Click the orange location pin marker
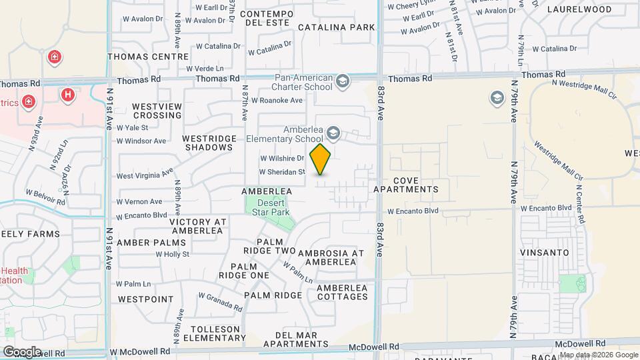click(321, 159)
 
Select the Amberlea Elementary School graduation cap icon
click(333, 135)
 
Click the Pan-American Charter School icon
click(343, 82)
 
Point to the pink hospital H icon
click(67, 95)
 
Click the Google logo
click(21, 351)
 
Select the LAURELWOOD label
click(579, 10)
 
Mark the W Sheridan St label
click(282, 171)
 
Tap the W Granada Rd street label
click(220, 302)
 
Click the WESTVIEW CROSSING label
click(157, 111)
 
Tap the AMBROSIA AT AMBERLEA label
click(331, 257)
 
